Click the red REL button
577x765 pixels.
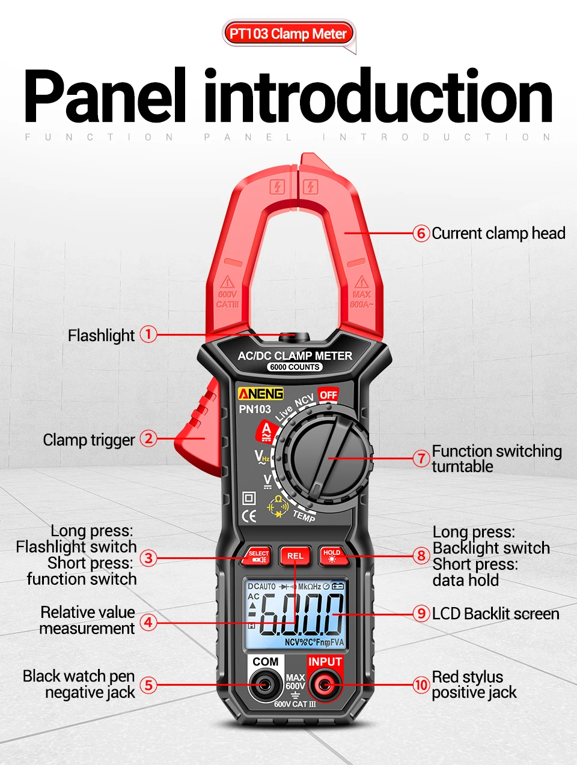295,556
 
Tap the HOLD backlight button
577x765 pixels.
331,556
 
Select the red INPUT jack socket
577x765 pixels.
325,685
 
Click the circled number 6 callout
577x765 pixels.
421,233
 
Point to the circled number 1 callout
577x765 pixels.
148,334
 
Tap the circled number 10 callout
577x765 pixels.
421,685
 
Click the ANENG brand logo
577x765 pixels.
260,394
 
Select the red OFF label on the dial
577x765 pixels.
328,395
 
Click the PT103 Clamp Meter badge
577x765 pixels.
288,34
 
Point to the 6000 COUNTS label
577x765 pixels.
295,367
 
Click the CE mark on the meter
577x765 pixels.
249,516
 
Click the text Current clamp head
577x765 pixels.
498,233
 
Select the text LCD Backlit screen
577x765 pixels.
495,614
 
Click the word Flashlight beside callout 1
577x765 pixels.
101,335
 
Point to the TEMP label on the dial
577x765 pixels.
304,515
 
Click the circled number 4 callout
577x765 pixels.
148,621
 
